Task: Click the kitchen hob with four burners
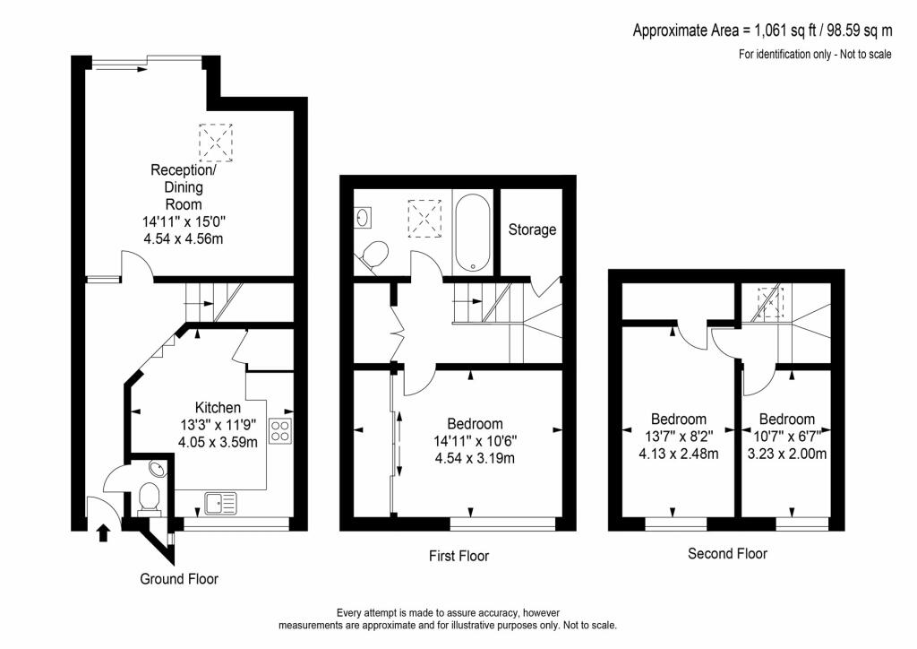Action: click(x=280, y=430)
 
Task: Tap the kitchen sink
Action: click(x=220, y=503)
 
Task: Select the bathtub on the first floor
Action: click(x=472, y=232)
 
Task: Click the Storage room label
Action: click(x=532, y=229)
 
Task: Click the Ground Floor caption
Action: click(x=179, y=579)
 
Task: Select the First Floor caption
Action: click(x=459, y=556)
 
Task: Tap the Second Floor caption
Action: click(x=727, y=554)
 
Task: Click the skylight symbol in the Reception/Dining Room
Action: click(x=216, y=143)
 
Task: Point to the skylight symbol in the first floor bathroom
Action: click(x=424, y=218)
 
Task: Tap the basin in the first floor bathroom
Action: click(x=363, y=218)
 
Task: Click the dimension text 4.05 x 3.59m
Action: click(x=218, y=442)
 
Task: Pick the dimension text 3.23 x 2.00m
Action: click(x=787, y=453)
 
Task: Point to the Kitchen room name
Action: click(x=218, y=407)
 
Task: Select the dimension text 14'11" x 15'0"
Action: click(x=184, y=221)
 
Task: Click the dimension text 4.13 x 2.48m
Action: click(x=679, y=453)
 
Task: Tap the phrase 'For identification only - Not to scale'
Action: click(x=815, y=55)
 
